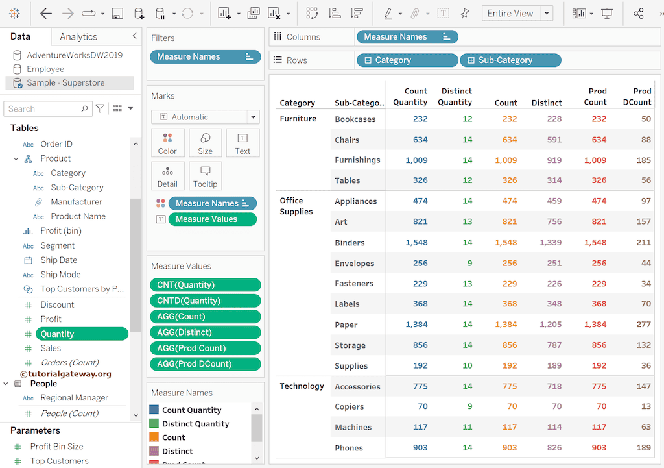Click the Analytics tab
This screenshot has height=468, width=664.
pyautogui.click(x=78, y=37)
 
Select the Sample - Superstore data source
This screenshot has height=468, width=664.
pyautogui.click(x=65, y=83)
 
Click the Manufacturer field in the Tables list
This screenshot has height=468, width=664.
pyautogui.click(x=77, y=202)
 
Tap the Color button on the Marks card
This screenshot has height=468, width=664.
pyautogui.click(x=167, y=143)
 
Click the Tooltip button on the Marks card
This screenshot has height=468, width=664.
pyautogui.click(x=205, y=176)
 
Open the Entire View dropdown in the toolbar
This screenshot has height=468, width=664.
pyautogui.click(x=517, y=14)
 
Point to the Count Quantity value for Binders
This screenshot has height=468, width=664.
pyautogui.click(x=416, y=243)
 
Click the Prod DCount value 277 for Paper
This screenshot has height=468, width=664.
pyautogui.click(x=643, y=325)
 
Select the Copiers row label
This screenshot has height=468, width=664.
pyautogui.click(x=350, y=407)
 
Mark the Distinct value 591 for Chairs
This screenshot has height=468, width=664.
pyautogui.click(x=554, y=140)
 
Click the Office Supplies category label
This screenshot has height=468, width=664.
pyautogui.click(x=296, y=206)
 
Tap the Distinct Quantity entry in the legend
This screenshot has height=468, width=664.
pyautogui.click(x=195, y=424)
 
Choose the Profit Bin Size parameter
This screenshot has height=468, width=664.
pyautogui.click(x=56, y=447)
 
